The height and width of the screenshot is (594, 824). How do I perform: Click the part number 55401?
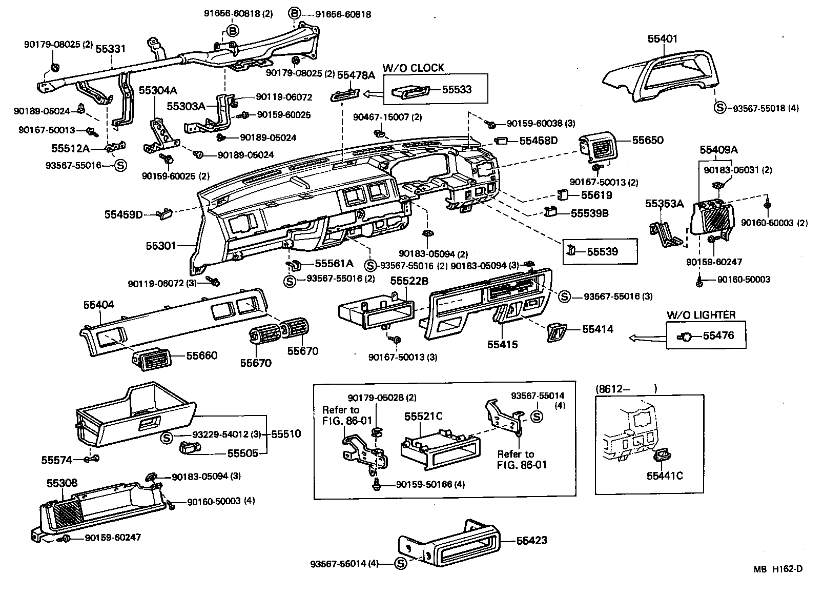[662, 38]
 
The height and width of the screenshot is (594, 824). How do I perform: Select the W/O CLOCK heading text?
[413, 68]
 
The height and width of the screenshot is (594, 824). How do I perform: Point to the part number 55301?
[161, 246]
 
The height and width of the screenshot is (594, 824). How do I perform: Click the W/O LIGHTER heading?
[701, 314]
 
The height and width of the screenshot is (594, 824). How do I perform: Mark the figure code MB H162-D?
[777, 569]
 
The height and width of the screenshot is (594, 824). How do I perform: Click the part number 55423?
[531, 540]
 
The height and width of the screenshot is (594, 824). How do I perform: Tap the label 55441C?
[665, 476]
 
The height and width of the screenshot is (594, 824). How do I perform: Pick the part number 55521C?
[423, 417]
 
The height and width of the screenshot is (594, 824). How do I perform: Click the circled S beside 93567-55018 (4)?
[720, 108]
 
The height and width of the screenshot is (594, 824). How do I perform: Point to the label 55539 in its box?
[602, 251]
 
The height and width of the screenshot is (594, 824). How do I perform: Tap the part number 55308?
[62, 483]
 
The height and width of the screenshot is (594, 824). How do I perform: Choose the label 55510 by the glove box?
[285, 434]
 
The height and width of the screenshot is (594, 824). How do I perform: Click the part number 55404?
[99, 305]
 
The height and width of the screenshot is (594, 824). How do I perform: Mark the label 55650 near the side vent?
[647, 140]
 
